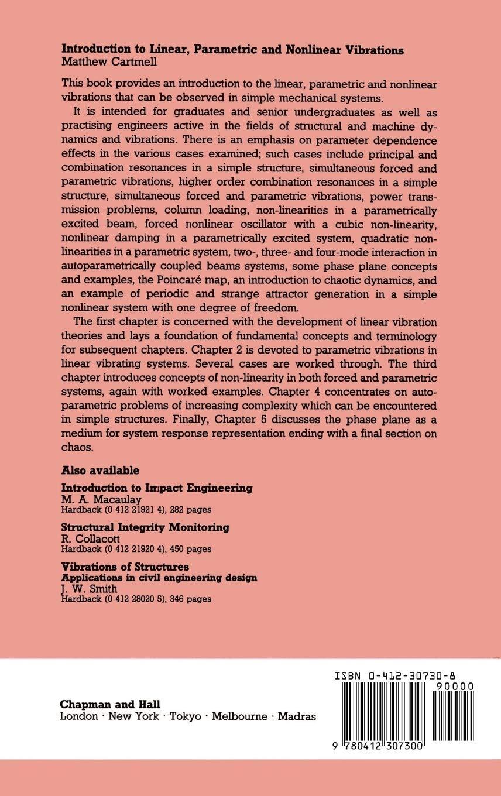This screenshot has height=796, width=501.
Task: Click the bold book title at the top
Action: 232,50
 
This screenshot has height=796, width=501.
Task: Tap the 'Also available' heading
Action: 100,470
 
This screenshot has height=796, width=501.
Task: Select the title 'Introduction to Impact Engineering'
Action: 157,488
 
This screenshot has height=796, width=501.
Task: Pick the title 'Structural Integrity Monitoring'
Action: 145,527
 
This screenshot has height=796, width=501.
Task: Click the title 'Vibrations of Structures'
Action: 125,567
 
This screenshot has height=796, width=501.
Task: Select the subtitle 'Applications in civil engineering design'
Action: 159,577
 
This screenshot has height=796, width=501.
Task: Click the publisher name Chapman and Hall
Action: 110,704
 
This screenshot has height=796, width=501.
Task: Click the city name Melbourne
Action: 239,716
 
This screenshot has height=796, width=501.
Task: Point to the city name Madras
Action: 296,716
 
